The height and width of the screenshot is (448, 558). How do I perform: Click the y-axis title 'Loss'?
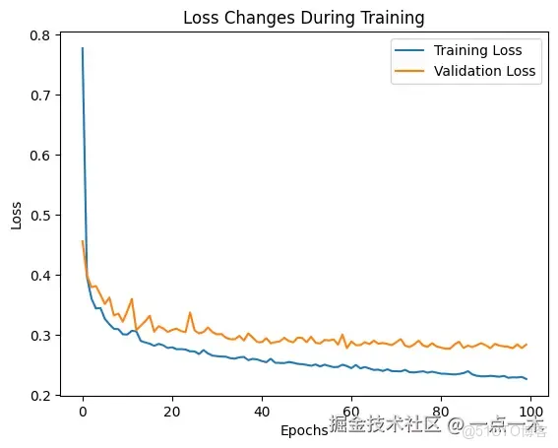pos(16,216)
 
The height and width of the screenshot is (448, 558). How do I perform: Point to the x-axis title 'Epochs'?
pos(304,431)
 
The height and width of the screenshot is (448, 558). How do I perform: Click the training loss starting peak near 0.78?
pos(83,48)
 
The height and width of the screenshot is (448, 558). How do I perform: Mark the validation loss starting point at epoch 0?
pos(83,241)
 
